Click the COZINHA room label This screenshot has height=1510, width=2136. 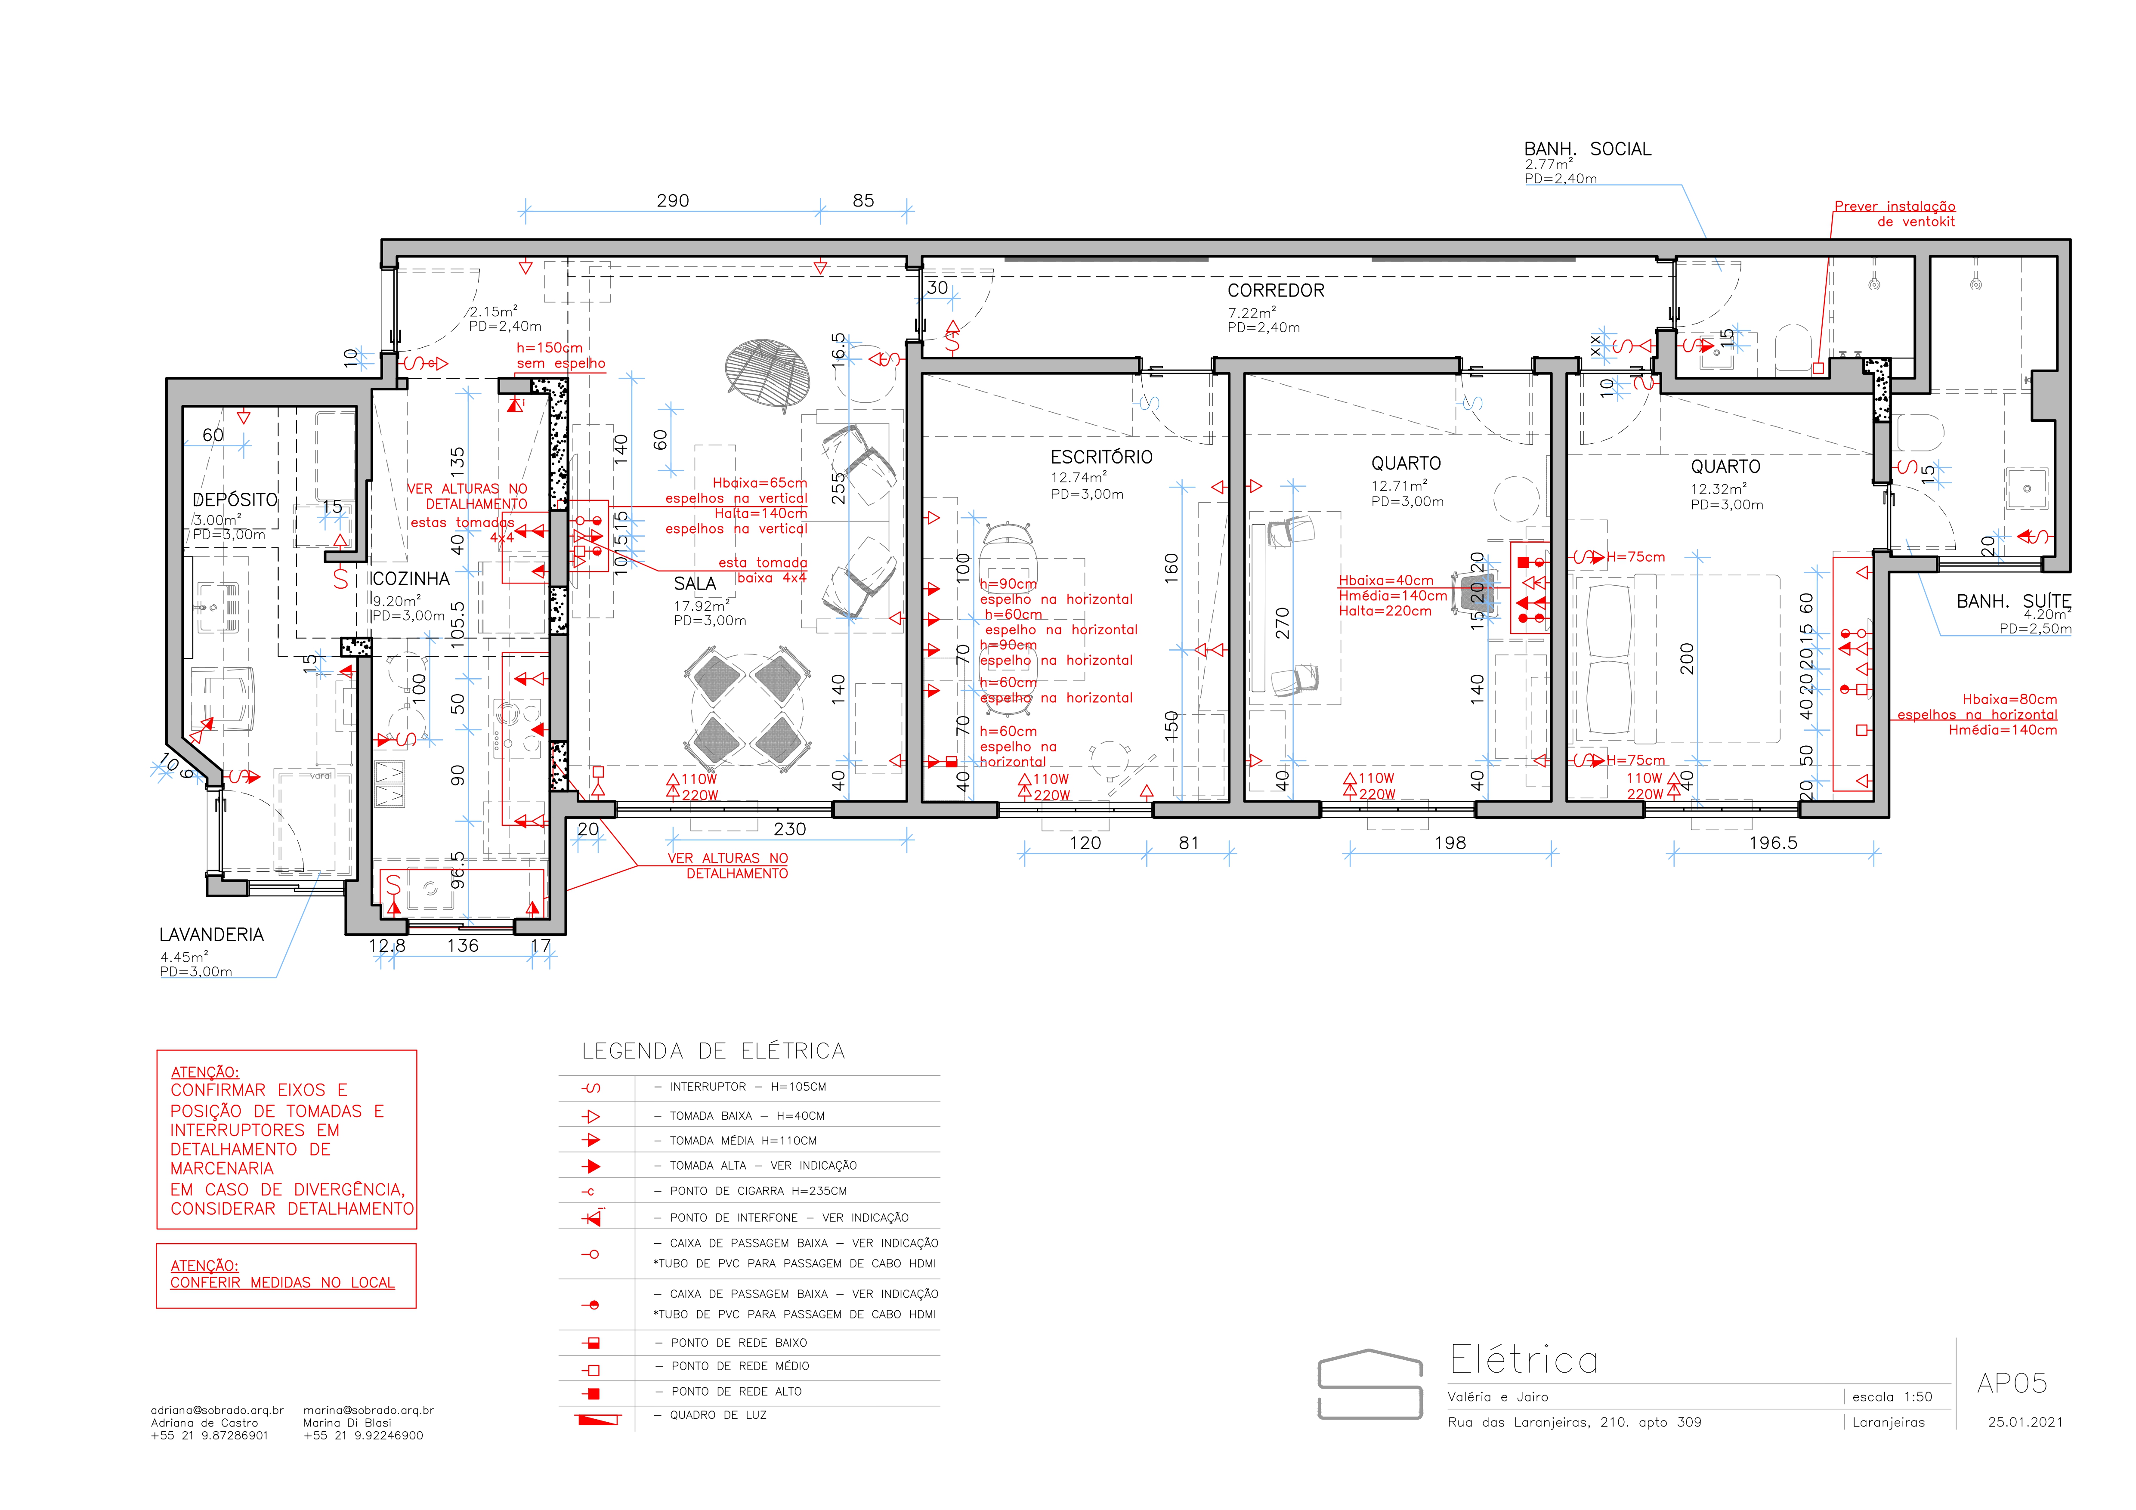click(410, 579)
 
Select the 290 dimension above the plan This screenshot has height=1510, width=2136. click(673, 201)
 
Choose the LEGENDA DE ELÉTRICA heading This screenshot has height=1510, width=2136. click(714, 1051)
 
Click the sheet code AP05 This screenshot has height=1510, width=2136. click(2011, 1383)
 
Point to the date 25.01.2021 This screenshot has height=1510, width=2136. click(2025, 1422)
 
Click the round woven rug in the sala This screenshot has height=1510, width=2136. click(767, 372)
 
